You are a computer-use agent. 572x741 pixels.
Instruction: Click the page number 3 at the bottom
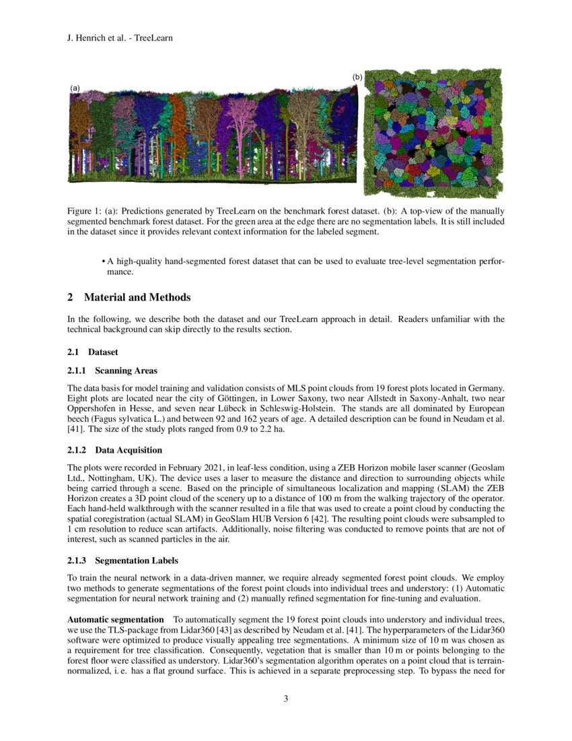(286, 698)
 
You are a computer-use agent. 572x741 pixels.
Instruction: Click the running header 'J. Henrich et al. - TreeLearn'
(120, 38)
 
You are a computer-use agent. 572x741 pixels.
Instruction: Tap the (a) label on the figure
(75, 88)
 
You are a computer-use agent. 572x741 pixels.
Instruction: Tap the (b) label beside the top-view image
(357, 77)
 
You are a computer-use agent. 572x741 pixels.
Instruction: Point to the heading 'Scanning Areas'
(126, 370)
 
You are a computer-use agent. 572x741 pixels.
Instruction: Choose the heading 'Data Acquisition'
(128, 450)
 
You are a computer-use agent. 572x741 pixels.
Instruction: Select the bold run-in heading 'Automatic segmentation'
(115, 619)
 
